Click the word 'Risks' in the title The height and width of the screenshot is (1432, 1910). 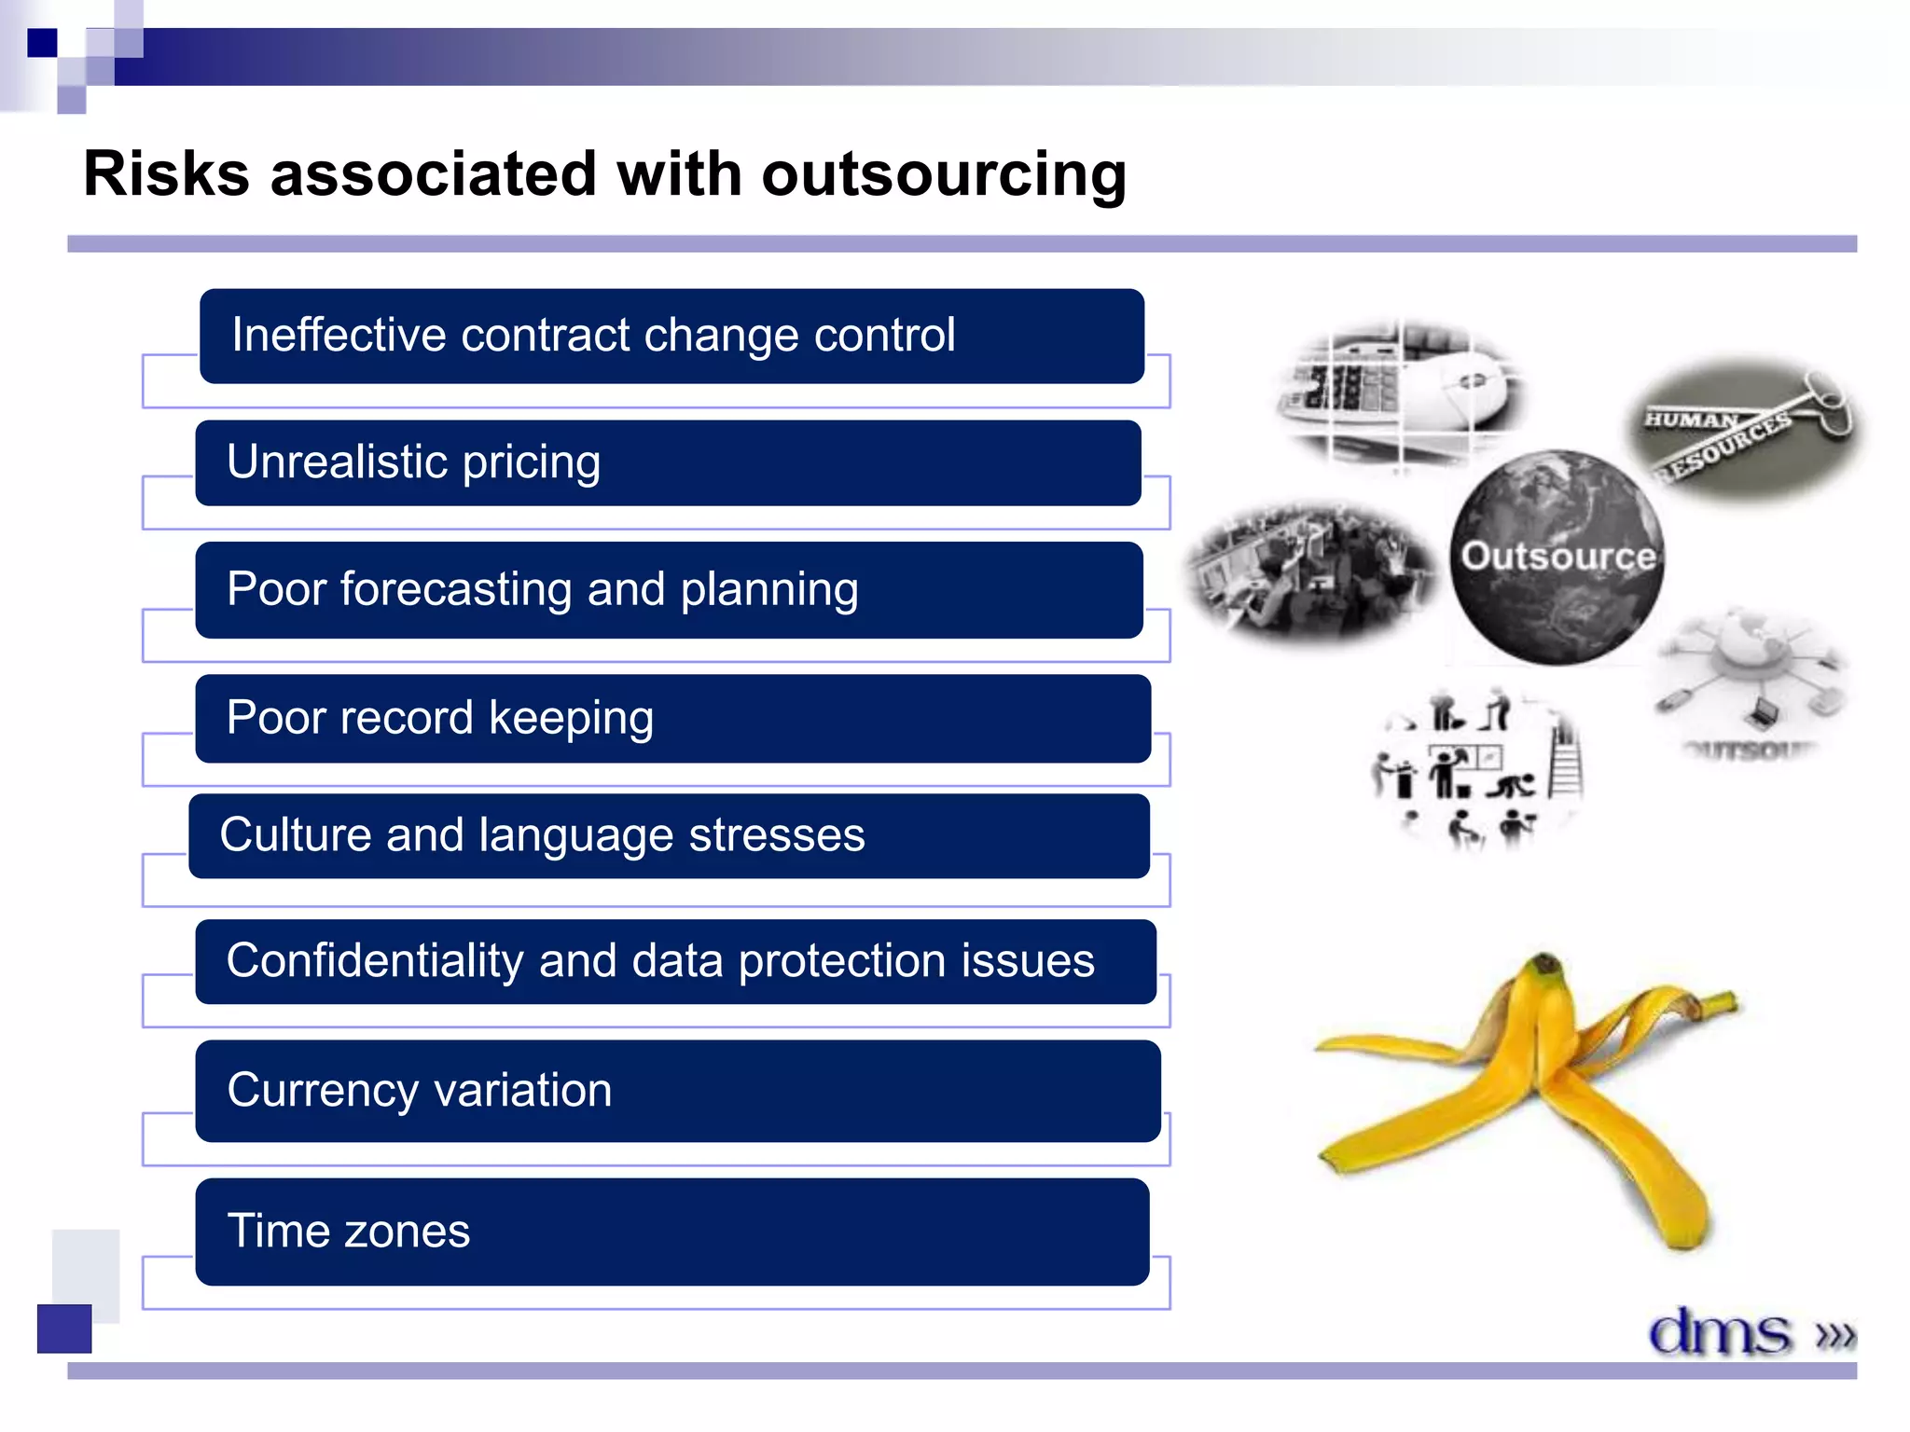click(x=167, y=174)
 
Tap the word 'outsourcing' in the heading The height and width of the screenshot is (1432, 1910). click(x=943, y=174)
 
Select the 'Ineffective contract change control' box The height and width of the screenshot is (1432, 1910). click(x=671, y=336)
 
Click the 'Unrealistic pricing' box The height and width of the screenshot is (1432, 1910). click(x=668, y=462)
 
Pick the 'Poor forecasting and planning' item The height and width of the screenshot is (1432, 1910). click(x=668, y=589)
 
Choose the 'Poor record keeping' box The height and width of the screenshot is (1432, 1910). click(x=671, y=718)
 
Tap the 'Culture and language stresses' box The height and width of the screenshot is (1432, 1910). click(x=668, y=835)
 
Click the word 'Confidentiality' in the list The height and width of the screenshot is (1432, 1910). click(x=374, y=960)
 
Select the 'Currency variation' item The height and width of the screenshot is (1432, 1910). click(x=677, y=1091)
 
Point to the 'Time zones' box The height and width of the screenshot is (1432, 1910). click(x=671, y=1231)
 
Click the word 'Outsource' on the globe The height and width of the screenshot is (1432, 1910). click(x=1557, y=556)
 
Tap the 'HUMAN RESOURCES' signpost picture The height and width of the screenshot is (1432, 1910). click(x=1742, y=431)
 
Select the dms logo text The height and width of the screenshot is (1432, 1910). click(x=1719, y=1331)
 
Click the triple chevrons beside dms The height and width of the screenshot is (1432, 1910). click(x=1834, y=1335)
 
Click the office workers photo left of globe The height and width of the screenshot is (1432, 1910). click(x=1310, y=571)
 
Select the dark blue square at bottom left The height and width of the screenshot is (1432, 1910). click(x=64, y=1328)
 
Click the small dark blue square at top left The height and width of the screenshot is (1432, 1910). click(x=42, y=43)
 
